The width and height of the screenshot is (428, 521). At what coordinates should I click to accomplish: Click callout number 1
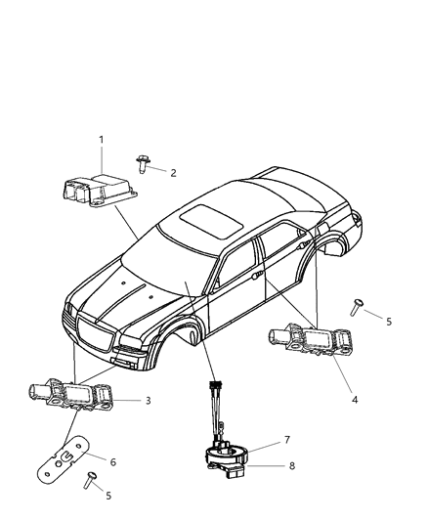click(x=101, y=141)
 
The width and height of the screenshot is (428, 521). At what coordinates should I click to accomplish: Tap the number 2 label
click(x=173, y=172)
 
